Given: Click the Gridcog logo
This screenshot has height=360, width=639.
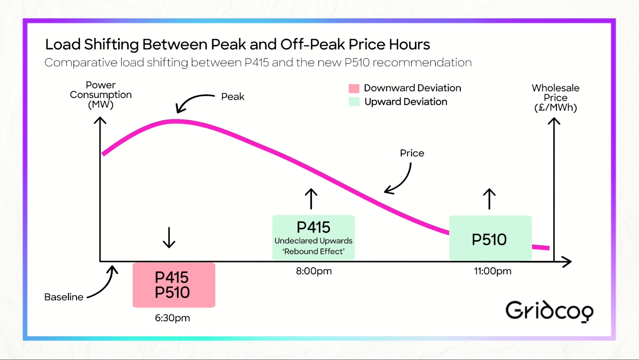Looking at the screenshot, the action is [x=549, y=311].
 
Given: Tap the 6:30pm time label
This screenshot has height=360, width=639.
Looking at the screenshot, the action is [x=172, y=318].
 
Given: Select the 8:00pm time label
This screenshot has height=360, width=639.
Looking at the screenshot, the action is [x=314, y=271].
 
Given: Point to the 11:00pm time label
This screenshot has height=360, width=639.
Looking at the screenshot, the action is [x=493, y=271].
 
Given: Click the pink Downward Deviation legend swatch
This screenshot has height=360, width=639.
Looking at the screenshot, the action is [x=354, y=88].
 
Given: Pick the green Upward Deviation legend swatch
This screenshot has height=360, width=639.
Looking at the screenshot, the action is [x=354, y=102].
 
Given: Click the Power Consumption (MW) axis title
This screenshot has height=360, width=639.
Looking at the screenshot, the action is [x=100, y=95].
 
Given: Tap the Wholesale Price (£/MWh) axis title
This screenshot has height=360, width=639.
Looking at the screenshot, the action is [x=555, y=98].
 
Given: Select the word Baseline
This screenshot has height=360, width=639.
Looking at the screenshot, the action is [x=64, y=297].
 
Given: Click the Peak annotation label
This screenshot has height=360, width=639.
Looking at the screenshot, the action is [x=233, y=96].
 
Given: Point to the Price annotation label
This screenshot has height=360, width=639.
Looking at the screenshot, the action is [x=412, y=153].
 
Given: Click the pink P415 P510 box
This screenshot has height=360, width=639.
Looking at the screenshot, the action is [x=174, y=285].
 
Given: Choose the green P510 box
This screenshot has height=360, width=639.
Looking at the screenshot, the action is [x=490, y=238].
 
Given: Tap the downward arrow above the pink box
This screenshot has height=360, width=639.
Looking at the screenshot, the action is [x=169, y=237].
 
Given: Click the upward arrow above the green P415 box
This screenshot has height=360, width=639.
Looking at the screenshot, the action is [x=311, y=199].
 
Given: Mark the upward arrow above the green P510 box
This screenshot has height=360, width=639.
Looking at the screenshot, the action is [x=489, y=199].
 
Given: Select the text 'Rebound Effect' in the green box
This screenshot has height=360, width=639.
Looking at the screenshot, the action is [x=314, y=251].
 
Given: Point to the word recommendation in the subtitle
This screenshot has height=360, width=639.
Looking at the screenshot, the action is [x=422, y=62].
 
